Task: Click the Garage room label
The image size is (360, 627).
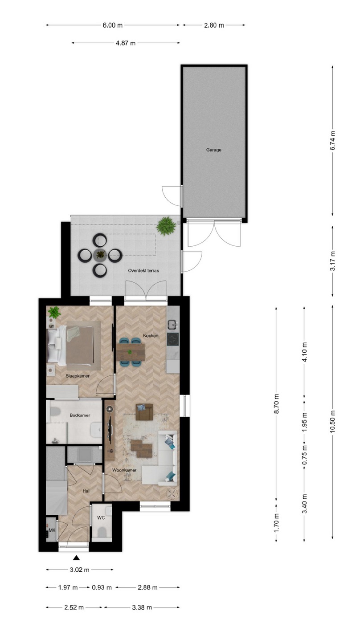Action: (214, 150)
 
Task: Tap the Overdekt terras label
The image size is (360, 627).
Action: (143, 271)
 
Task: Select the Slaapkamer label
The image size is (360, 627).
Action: (78, 376)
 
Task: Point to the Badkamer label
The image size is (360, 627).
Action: (80, 415)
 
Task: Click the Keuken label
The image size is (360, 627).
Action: (151, 335)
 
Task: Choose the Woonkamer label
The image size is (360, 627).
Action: (124, 470)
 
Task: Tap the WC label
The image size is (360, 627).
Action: (101, 517)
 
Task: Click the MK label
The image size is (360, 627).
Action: (52, 530)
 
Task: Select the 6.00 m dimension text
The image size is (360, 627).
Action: (113, 25)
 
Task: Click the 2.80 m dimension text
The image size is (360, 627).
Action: (214, 25)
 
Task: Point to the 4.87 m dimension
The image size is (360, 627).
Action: (126, 43)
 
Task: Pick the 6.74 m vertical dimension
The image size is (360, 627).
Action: (332, 141)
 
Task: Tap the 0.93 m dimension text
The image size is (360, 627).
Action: (102, 587)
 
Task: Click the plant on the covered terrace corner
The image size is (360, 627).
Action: (166, 226)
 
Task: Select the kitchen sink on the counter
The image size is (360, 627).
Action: (173, 325)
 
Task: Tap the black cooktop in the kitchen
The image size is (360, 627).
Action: (173, 339)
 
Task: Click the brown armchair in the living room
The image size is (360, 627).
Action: (144, 412)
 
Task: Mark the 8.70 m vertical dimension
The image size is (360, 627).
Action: (277, 404)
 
